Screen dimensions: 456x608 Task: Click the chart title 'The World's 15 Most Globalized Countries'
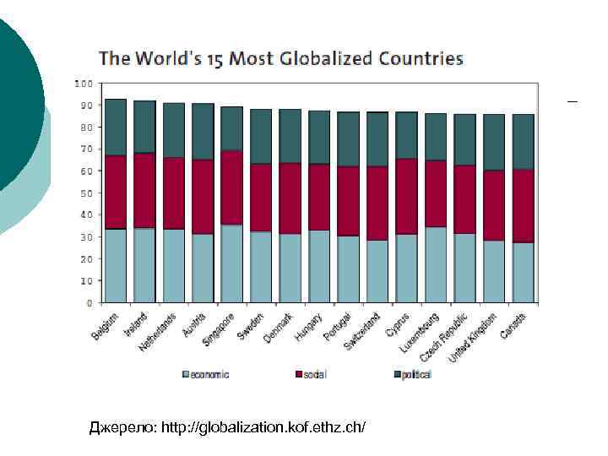[x=281, y=59]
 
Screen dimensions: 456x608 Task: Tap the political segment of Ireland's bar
[x=144, y=127]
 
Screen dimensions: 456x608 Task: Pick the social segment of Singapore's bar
[x=231, y=187]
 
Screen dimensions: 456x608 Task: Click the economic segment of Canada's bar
[x=523, y=272]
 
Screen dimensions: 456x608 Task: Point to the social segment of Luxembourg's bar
[x=436, y=193]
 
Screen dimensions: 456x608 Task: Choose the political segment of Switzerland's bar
[x=377, y=139]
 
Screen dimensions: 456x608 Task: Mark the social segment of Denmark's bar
[x=290, y=198]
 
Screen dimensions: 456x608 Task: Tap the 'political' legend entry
[x=413, y=374]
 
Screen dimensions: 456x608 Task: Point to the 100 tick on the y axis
[x=83, y=84]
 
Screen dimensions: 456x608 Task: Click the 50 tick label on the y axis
[x=86, y=193]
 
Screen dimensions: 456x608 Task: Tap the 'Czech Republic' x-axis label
[x=444, y=336]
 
